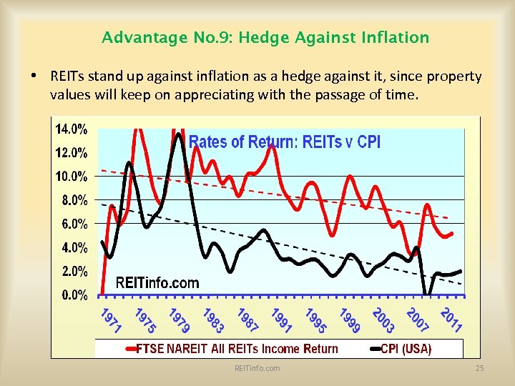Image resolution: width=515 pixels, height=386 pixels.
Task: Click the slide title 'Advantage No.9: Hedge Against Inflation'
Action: [x=265, y=37]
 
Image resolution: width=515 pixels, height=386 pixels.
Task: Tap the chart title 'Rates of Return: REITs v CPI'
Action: [x=284, y=142]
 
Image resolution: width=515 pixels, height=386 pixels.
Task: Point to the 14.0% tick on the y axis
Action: [x=72, y=129]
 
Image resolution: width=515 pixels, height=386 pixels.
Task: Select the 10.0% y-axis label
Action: [x=72, y=177]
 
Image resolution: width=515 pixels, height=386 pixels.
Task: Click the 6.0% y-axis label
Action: [x=74, y=224]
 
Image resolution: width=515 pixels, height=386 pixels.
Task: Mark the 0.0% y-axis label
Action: [x=74, y=295]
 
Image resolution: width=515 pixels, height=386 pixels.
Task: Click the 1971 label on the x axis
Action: [x=110, y=321]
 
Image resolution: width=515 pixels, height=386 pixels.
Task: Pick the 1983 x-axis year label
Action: [x=213, y=321]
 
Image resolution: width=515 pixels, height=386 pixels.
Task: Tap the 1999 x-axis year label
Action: [x=350, y=321]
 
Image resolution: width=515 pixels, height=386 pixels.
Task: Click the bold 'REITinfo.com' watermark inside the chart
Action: [x=157, y=282]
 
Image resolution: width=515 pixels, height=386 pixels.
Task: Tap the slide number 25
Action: [x=480, y=368]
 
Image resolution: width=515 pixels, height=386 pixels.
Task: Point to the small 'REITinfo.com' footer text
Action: [x=257, y=368]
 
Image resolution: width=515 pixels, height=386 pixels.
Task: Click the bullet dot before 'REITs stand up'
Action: [x=34, y=76]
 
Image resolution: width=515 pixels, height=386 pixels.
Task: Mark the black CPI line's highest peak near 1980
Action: [x=179, y=134]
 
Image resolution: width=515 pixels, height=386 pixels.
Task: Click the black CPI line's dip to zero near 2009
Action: [x=427, y=294]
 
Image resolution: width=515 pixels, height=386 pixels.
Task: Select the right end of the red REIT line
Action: [x=451, y=233]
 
